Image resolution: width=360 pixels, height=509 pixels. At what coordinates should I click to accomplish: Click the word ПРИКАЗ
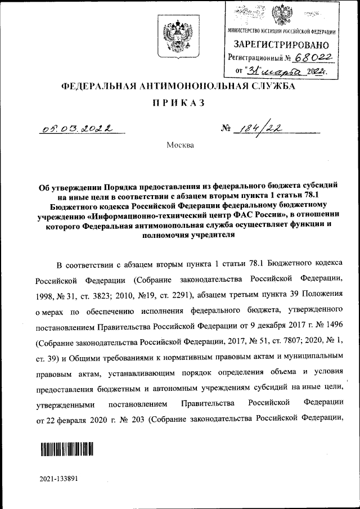coord(179,103)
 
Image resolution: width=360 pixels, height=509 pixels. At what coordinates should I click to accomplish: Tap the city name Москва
coord(180,146)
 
